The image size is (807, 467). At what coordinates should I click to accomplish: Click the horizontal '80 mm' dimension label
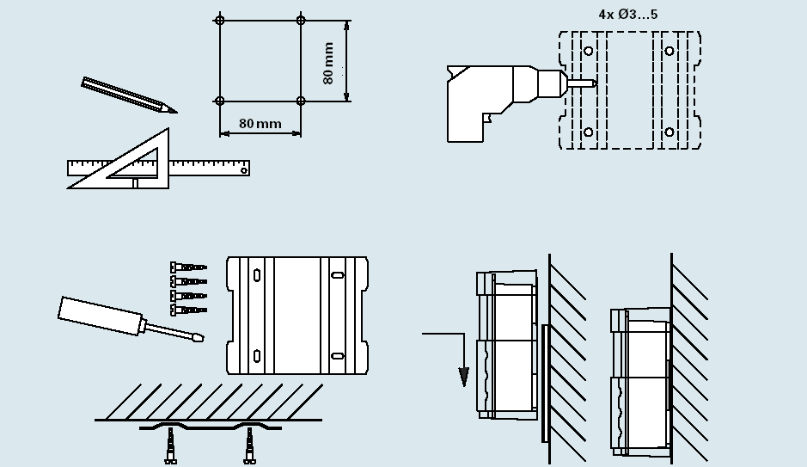(260, 124)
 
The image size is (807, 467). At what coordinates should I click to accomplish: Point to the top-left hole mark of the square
(220, 20)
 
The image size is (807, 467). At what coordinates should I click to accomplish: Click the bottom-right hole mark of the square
(300, 101)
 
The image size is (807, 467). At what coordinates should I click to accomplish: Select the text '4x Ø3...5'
(628, 15)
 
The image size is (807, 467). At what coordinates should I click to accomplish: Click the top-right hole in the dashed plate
(669, 51)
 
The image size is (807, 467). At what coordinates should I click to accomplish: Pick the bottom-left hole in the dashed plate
(588, 132)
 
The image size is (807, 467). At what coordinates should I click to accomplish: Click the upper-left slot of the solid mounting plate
(257, 276)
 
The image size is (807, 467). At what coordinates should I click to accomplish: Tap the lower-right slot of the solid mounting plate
(338, 355)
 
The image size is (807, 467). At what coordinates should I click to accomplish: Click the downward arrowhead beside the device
(463, 377)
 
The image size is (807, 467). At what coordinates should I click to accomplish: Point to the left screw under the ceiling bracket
(171, 446)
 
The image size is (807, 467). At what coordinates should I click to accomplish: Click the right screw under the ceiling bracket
(250, 446)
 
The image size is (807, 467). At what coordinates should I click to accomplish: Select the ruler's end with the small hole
(243, 169)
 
